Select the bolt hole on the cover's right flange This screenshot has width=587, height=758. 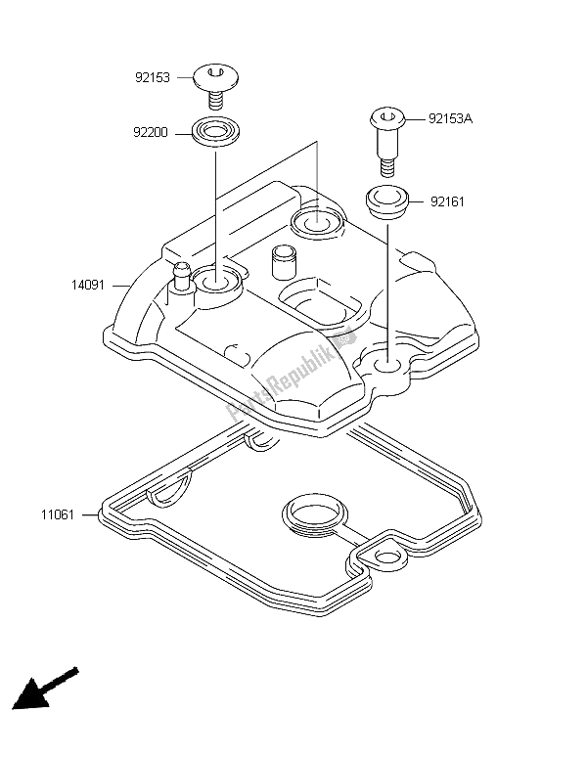(x=384, y=362)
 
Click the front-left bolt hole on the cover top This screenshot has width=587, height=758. (x=217, y=283)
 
